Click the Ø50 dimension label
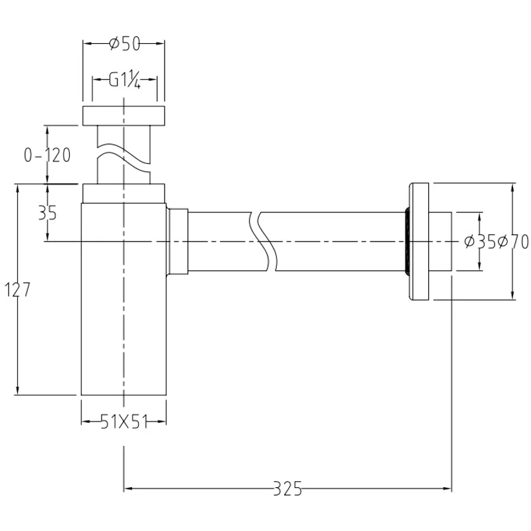tap(123, 44)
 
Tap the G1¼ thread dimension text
tap(125, 80)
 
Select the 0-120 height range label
tap(47, 155)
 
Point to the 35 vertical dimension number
tap(47, 213)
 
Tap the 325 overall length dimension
tap(289, 490)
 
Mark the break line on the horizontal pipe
tap(264, 241)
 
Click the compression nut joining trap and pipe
tap(178, 241)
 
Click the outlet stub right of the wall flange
tap(442, 241)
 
